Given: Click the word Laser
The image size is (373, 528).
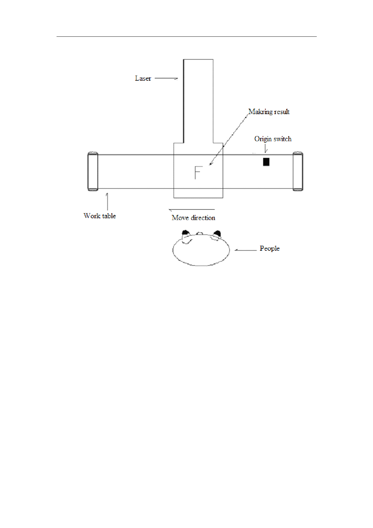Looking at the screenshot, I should click(x=143, y=78).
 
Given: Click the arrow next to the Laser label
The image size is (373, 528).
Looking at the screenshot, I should click(x=166, y=79).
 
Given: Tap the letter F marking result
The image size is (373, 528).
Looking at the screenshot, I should click(x=197, y=172).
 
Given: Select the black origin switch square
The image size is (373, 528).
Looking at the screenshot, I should click(x=266, y=162).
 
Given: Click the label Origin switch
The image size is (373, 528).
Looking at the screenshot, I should click(x=273, y=139).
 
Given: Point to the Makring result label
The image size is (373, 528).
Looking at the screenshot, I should click(x=269, y=112).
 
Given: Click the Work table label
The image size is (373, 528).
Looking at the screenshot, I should click(x=100, y=216).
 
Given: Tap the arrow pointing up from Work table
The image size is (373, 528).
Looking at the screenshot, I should click(x=107, y=201).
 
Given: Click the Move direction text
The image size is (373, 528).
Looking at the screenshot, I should click(x=193, y=218).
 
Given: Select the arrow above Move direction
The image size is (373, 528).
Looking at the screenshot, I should click(x=192, y=210).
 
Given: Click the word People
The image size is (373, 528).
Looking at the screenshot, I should click(x=270, y=249).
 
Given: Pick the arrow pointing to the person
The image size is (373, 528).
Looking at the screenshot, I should click(x=246, y=250).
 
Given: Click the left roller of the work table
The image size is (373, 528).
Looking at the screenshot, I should click(x=93, y=172).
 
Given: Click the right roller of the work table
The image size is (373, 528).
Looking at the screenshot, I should click(x=298, y=172).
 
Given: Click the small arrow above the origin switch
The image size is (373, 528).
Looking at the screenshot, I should click(x=266, y=149).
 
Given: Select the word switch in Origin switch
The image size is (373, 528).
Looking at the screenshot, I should click(x=282, y=139).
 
